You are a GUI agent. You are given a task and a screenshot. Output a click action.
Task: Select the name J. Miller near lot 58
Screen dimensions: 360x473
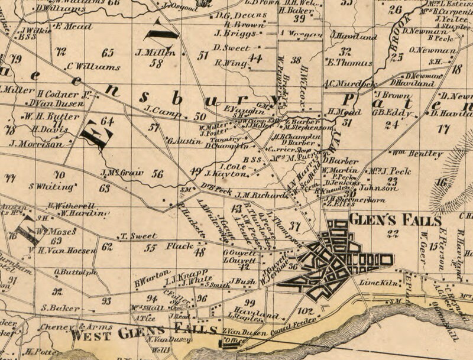[x=156, y=53]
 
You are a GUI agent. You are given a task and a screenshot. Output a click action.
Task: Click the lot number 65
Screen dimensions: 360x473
[x=108, y=53]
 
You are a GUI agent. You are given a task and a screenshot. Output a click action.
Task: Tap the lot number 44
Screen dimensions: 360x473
[x=255, y=58]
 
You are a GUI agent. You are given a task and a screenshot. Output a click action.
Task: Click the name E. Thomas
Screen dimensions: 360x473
[x=350, y=63]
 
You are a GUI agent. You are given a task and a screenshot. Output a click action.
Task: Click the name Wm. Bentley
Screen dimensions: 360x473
[x=417, y=154]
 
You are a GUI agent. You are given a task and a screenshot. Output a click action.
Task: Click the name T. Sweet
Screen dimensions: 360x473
[x=138, y=236]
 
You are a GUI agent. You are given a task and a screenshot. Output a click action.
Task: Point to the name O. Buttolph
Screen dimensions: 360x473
[x=75, y=273]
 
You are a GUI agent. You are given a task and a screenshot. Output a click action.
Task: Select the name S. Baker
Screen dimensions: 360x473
[x=60, y=308]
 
